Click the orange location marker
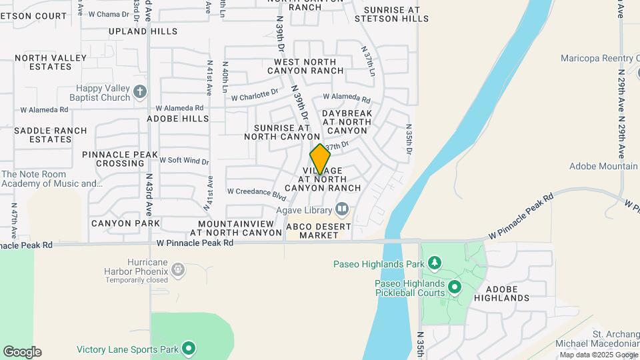point(320,159)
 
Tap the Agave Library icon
point(342,209)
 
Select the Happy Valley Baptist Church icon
point(139,93)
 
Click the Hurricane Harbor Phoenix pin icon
point(177,270)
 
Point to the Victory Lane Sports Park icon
point(189,349)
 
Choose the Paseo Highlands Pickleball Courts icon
point(455,287)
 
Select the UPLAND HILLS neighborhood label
point(143,31)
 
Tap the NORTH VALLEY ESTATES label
point(51,62)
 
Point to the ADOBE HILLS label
point(178,119)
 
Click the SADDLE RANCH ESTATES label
point(51,135)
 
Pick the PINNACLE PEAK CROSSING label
point(120,159)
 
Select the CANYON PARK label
point(125,223)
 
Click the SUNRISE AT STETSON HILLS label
point(391,15)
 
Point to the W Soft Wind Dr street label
point(185,161)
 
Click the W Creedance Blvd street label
point(257,192)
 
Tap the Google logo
point(22,352)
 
